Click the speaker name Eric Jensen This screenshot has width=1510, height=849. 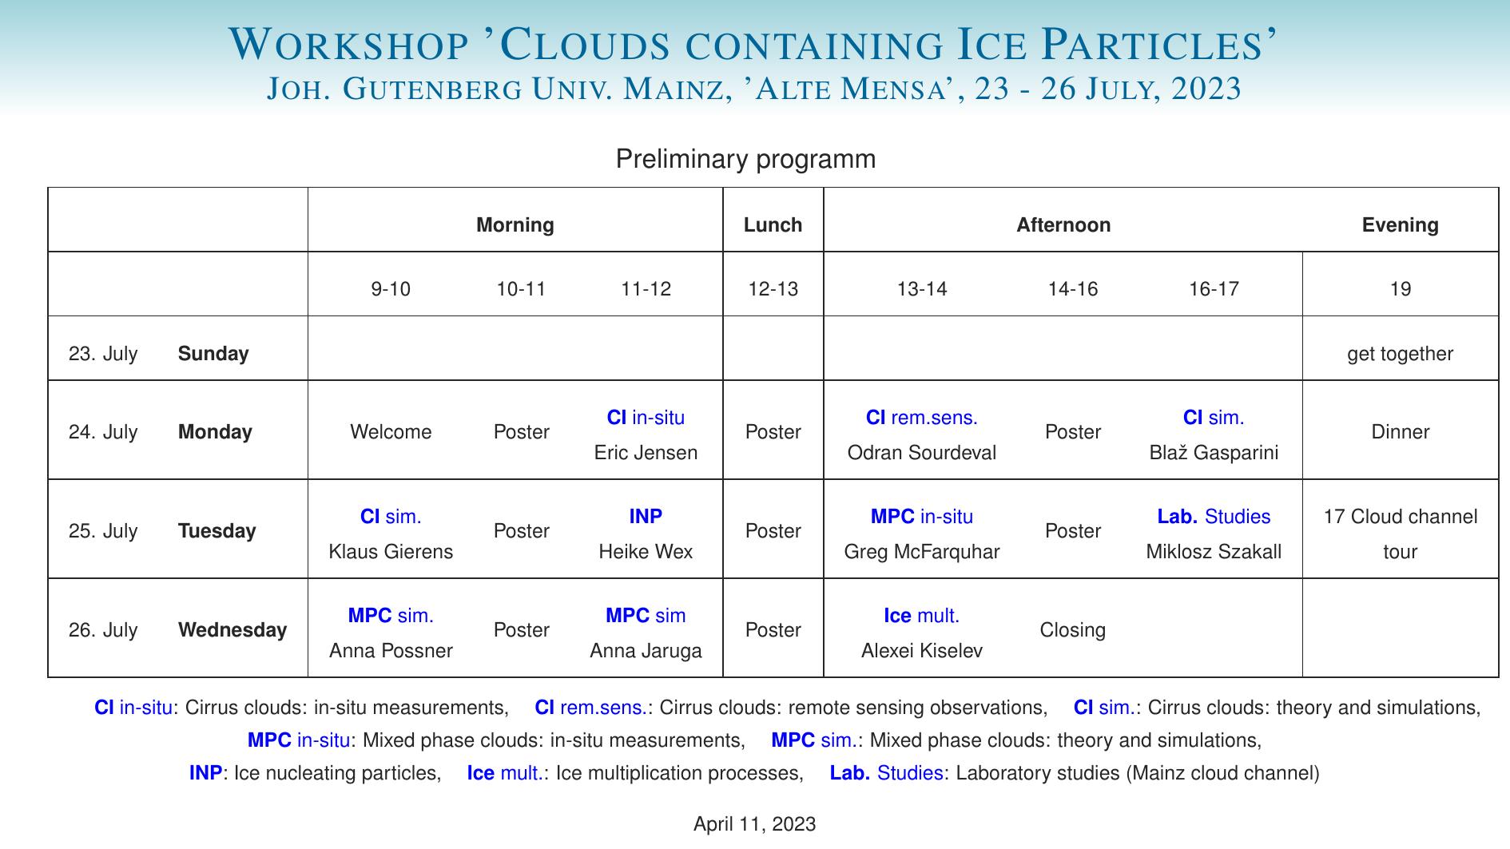click(646, 453)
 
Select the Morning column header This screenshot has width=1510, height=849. click(515, 225)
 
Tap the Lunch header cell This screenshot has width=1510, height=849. click(773, 225)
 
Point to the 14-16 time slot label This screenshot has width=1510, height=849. click(1072, 289)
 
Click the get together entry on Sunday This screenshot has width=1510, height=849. click(1400, 354)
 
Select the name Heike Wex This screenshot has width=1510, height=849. click(646, 552)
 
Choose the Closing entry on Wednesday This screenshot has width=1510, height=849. click(1072, 630)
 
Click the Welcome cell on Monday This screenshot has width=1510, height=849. click(391, 432)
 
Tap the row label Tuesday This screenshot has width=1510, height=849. click(217, 531)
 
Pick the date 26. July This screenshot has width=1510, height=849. click(103, 630)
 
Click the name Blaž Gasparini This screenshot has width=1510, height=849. click(1213, 453)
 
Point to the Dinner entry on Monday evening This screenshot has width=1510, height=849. click(1400, 432)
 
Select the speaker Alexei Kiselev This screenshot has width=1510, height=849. click(921, 651)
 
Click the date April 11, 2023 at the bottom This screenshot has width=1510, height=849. click(754, 824)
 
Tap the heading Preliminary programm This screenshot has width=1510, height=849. click(745, 159)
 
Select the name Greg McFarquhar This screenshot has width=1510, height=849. click(921, 552)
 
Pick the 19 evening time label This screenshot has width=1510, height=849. click(1400, 289)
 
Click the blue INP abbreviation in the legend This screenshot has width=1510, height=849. click(205, 773)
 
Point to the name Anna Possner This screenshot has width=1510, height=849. click(391, 651)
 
